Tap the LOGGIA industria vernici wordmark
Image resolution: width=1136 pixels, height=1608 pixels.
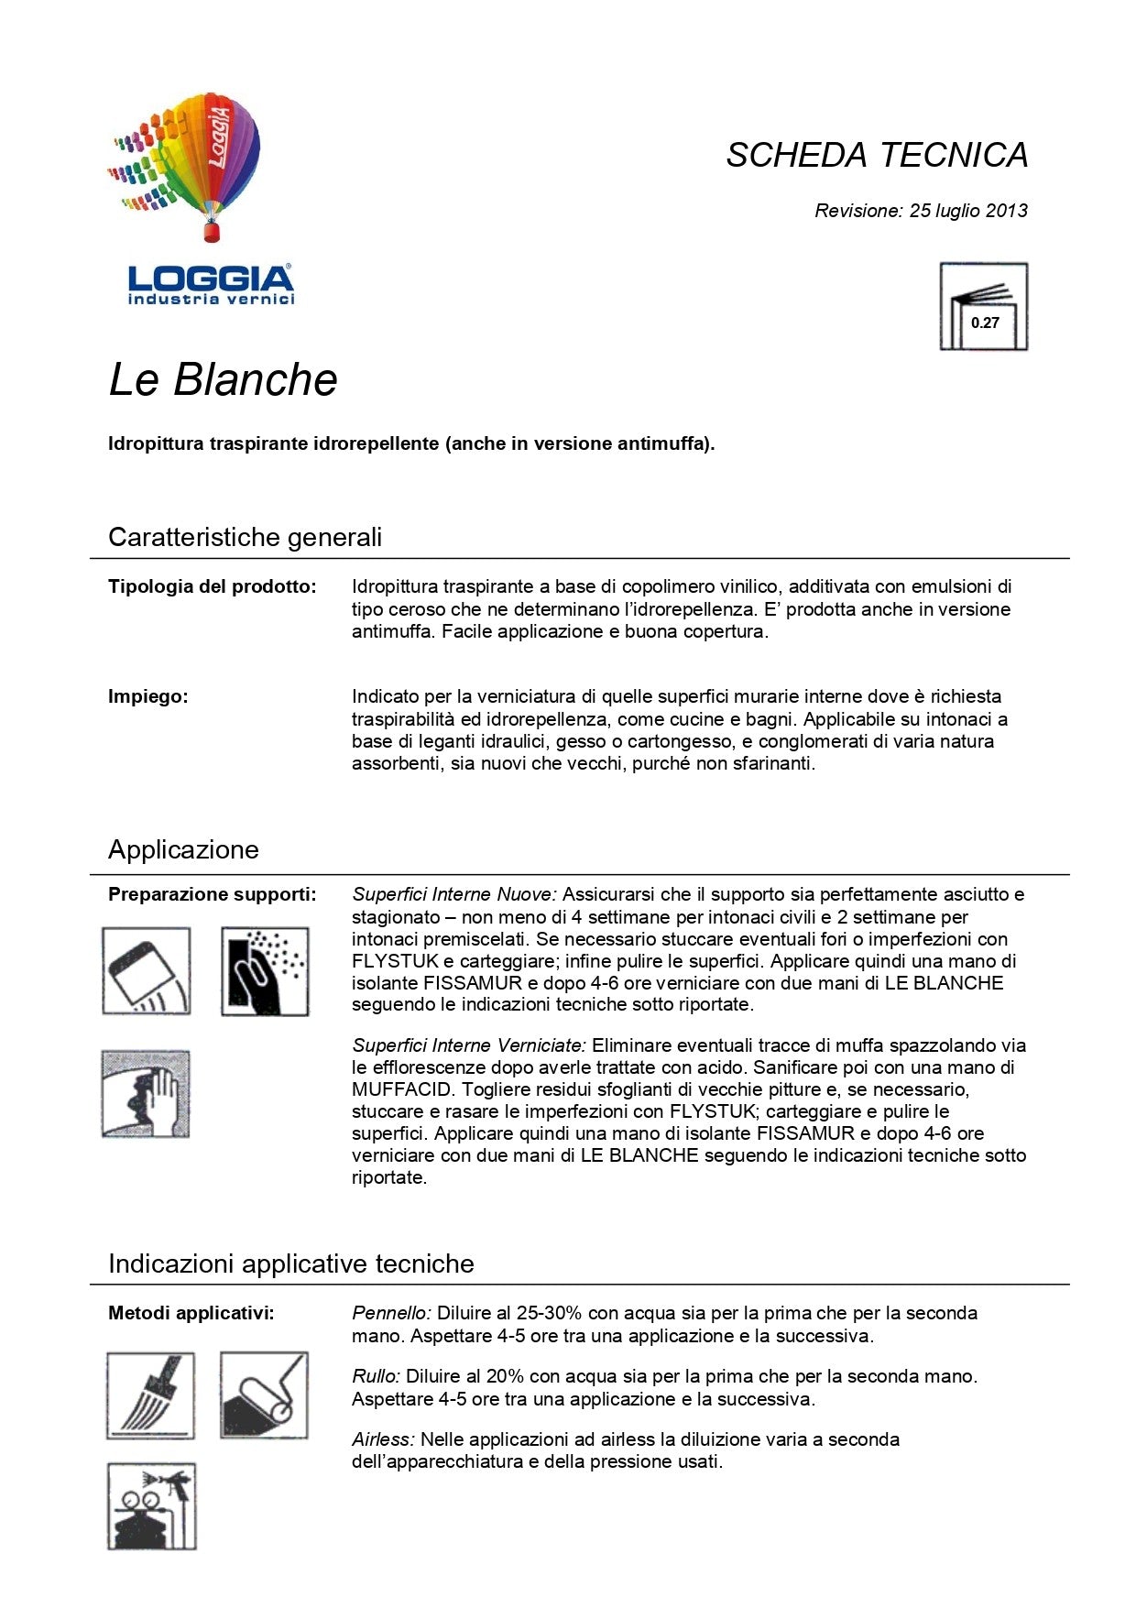click(x=211, y=284)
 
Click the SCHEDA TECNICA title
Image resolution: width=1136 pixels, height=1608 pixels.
click(x=877, y=155)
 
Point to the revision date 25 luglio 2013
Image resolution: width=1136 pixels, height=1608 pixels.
click(x=968, y=211)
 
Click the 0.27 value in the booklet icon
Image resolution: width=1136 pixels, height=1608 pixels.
click(x=985, y=323)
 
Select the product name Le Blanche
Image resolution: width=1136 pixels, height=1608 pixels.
click(x=223, y=379)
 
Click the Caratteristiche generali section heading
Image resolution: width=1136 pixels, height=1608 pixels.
click(x=245, y=537)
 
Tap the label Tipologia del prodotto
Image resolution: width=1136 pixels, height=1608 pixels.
click(x=213, y=586)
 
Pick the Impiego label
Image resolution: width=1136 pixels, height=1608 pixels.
click(x=148, y=696)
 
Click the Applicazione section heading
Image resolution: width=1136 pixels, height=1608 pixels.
click(x=183, y=849)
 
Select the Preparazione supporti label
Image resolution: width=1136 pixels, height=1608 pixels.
click(x=213, y=894)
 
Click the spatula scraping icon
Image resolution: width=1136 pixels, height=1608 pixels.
click(x=147, y=970)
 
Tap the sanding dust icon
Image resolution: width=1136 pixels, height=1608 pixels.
click(x=265, y=971)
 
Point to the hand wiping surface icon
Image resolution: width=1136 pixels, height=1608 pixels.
click(x=146, y=1094)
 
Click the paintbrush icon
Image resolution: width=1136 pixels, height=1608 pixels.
click(x=150, y=1395)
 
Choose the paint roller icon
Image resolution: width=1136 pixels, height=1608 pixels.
click(x=264, y=1395)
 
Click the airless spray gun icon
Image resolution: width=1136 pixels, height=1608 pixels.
click(x=152, y=1506)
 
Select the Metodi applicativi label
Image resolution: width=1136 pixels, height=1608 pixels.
click(x=191, y=1313)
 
